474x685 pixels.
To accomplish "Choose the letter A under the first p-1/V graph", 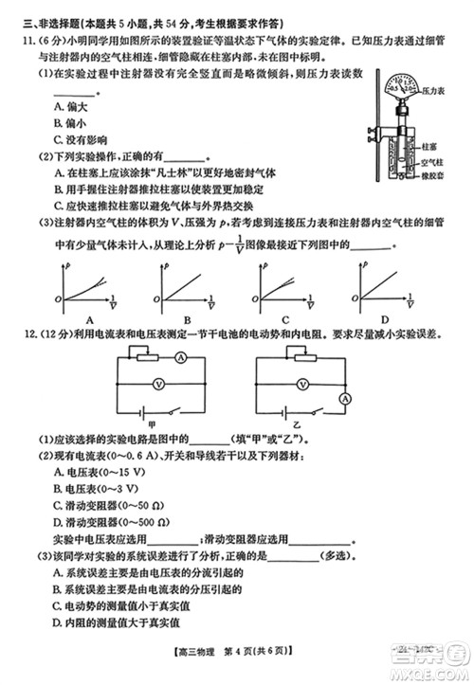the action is pyautogui.click(x=88, y=319).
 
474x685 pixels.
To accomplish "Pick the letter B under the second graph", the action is pyautogui.click(x=188, y=319).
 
